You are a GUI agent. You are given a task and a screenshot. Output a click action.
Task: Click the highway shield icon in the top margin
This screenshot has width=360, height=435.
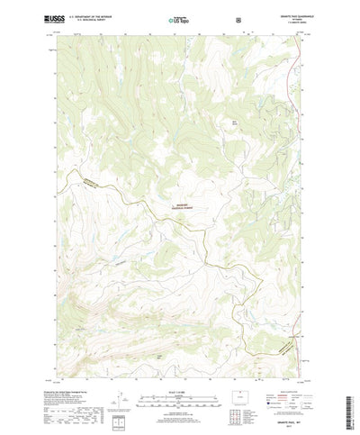point(238,17)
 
